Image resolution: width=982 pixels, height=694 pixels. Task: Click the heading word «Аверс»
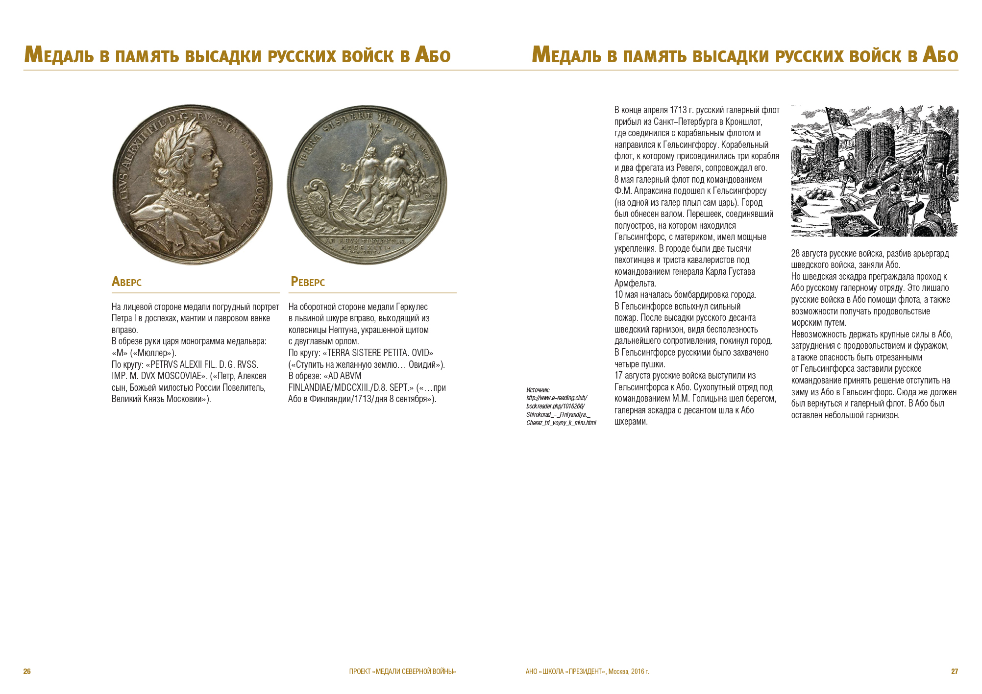126,282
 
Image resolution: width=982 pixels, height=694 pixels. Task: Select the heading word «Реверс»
308,282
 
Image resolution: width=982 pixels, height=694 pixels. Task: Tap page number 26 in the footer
27,671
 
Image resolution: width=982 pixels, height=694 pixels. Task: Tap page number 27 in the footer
954,671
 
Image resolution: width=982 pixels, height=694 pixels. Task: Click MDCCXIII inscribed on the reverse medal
366,248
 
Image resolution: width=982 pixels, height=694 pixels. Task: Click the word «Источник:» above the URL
538,390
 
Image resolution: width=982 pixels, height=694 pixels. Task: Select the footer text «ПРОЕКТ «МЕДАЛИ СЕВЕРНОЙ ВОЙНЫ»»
402,671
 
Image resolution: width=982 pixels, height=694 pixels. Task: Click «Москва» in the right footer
618,671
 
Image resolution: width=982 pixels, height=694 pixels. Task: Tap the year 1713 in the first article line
678,110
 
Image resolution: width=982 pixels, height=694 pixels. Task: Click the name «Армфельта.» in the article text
635,284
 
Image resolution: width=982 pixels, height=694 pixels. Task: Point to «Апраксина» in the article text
654,191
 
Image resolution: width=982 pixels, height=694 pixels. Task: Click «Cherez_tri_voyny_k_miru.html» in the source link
561,423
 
